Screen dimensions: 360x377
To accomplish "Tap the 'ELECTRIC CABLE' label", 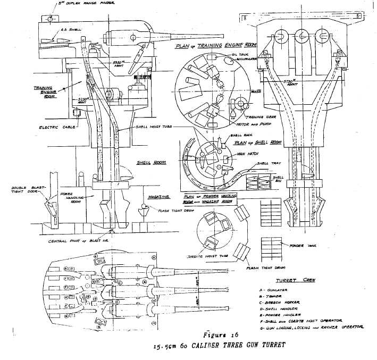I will [57, 127].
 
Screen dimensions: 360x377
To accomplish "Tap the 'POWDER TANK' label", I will [298, 246].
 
